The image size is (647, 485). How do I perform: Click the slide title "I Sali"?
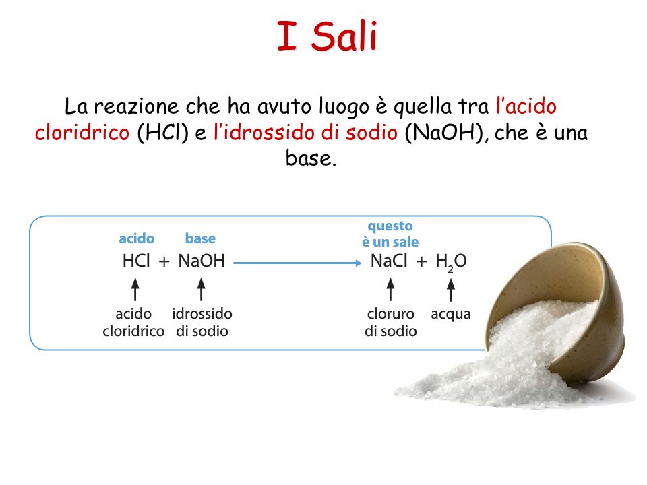click(328, 36)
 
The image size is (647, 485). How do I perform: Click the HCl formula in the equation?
click(136, 261)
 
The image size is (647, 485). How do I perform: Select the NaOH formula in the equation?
click(202, 261)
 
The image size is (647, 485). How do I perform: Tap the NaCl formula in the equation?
click(389, 261)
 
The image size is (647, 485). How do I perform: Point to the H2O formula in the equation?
click(451, 262)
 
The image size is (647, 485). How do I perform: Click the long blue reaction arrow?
click(297, 263)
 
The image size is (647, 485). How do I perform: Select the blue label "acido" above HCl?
click(137, 238)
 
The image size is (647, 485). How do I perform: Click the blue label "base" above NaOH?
click(200, 238)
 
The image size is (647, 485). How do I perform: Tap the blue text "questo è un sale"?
click(390, 234)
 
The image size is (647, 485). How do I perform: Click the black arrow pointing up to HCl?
click(135, 289)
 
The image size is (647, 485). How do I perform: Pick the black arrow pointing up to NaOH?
click(202, 289)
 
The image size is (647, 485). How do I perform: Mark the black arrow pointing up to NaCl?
click(390, 289)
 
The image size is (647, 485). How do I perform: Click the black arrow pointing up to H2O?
click(451, 290)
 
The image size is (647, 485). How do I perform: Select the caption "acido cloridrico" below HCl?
click(133, 323)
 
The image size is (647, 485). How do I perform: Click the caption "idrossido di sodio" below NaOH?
click(202, 323)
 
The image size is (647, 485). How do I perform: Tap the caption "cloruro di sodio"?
click(391, 323)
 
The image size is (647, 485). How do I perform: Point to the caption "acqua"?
click(451, 315)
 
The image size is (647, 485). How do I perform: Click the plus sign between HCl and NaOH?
click(164, 262)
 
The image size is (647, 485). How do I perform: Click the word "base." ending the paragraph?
click(311, 158)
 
